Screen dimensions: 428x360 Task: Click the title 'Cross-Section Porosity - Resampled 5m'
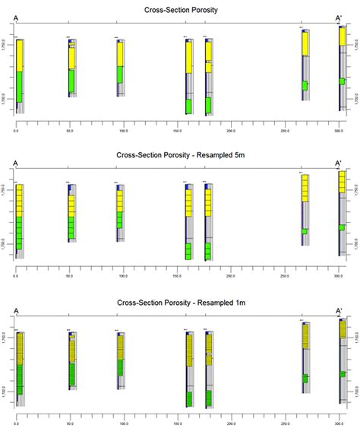(x=180, y=155)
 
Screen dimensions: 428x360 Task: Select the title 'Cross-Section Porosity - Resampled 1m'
(x=180, y=303)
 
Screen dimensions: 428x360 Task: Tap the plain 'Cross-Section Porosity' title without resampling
(x=180, y=9)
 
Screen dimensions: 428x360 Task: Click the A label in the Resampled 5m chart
(x=15, y=163)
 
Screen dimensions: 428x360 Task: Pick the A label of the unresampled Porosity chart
(x=15, y=17)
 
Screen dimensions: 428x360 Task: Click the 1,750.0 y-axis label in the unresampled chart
(x=6, y=43)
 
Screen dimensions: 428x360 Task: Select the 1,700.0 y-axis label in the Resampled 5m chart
(x=6, y=244)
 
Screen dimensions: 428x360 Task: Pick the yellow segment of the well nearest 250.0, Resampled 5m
(x=305, y=188)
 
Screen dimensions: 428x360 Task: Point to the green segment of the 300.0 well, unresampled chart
(x=342, y=81)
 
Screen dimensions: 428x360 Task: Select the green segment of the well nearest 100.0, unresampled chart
(x=120, y=75)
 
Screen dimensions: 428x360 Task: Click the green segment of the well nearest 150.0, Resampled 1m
(x=188, y=398)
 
